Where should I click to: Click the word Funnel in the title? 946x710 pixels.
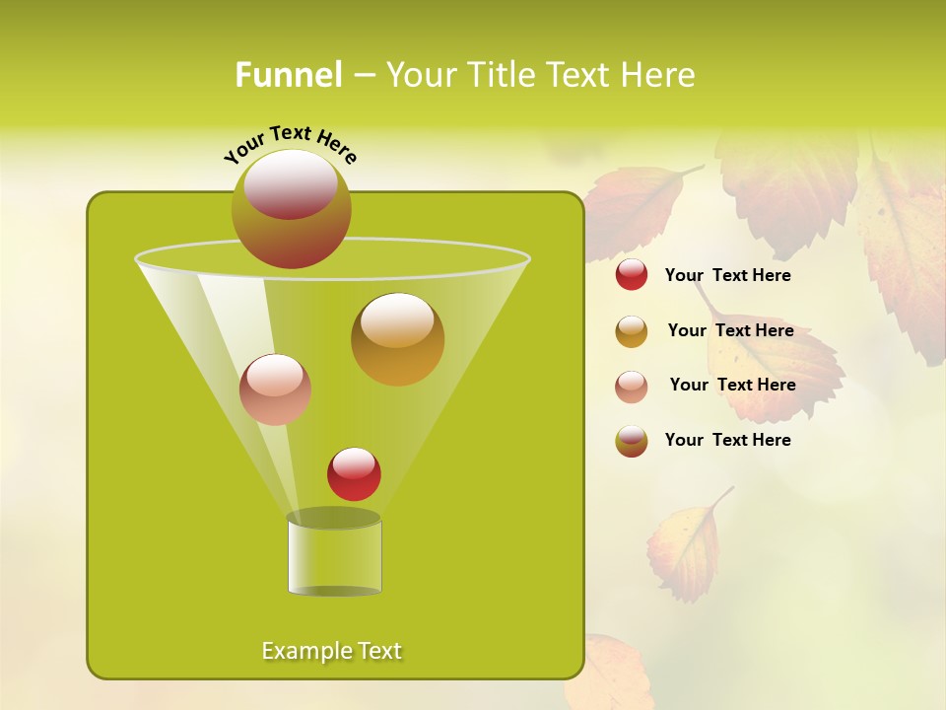[x=288, y=74]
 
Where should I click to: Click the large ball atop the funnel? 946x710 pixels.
[x=291, y=208]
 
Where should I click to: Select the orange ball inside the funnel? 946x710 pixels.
[x=397, y=339]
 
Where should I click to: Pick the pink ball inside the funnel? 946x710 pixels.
[x=275, y=390]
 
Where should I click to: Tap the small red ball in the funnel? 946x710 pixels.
[x=354, y=474]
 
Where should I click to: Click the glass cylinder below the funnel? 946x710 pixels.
[x=334, y=557]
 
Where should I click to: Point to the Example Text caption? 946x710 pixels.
[x=331, y=651]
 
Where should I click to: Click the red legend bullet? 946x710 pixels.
[x=632, y=275]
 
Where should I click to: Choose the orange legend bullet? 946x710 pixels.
[x=632, y=331]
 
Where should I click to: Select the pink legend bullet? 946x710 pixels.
[x=632, y=387]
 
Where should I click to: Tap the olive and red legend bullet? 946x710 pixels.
[x=632, y=441]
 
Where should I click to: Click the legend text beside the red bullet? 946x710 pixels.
[x=727, y=275]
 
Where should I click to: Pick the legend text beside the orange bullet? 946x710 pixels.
[x=730, y=330]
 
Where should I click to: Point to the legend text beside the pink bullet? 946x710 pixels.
[x=732, y=385]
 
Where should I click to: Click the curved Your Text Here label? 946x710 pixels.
[x=291, y=142]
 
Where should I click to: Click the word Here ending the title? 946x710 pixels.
[x=659, y=74]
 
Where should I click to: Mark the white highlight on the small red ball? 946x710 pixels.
[x=354, y=462]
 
